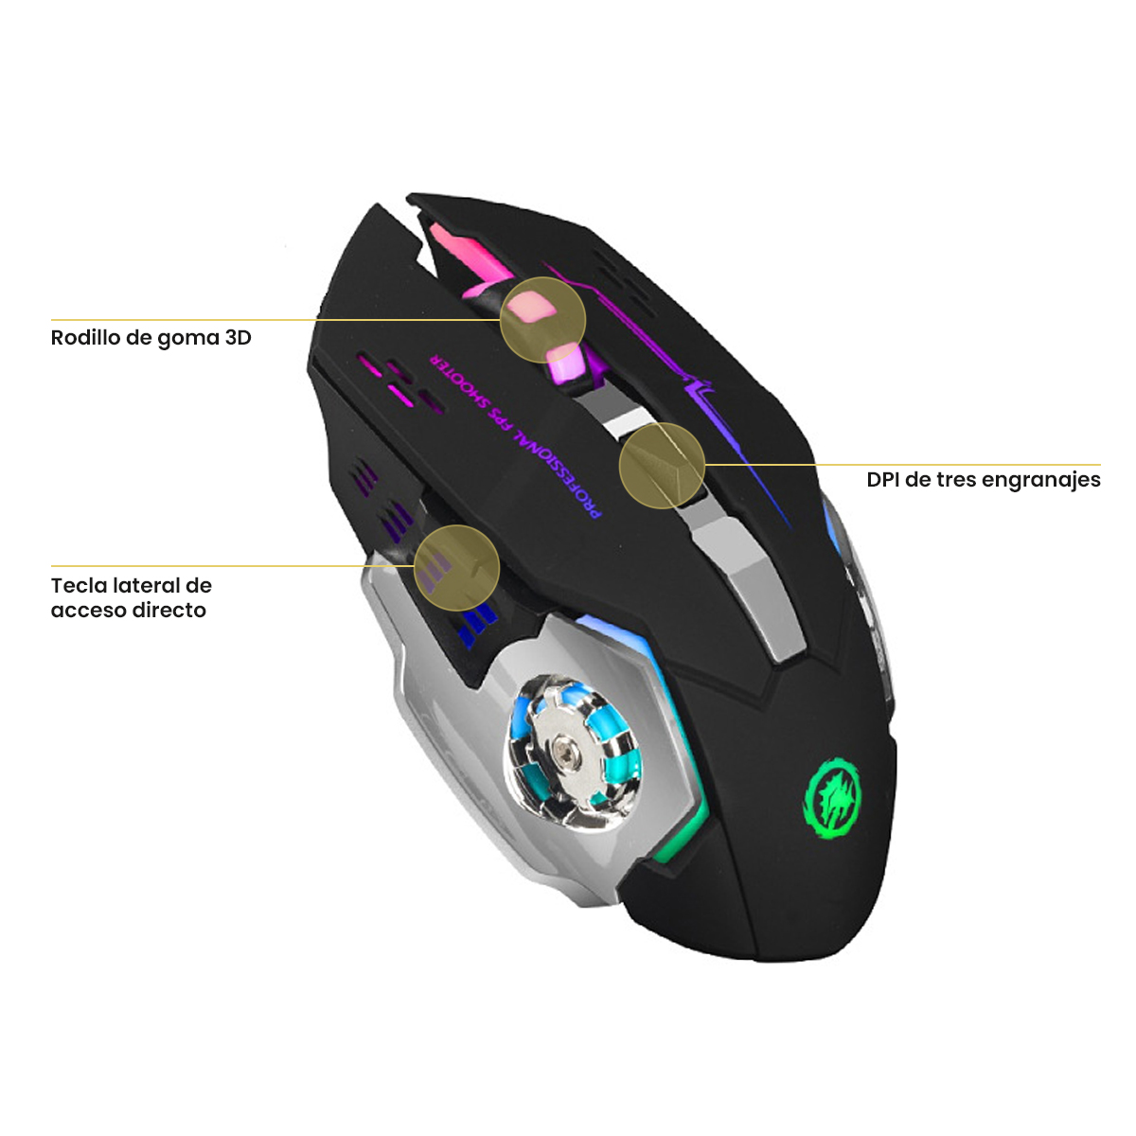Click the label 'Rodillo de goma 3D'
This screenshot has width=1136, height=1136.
coord(151,338)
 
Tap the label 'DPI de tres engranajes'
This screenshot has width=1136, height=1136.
coord(984,480)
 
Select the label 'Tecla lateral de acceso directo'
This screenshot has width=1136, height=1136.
coord(131,597)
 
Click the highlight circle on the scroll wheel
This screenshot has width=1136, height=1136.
coord(542,320)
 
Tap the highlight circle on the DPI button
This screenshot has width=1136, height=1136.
coord(662,465)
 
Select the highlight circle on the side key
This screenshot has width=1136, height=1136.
coord(457,567)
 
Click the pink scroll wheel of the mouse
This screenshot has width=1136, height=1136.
coord(530,312)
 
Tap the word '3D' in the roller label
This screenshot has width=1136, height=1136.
coord(238,338)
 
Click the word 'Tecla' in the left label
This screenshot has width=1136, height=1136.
coord(79,585)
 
